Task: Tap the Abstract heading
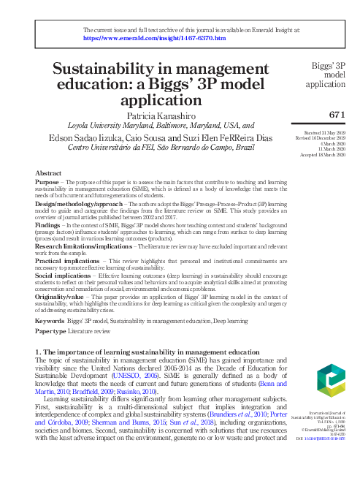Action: (48, 172)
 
